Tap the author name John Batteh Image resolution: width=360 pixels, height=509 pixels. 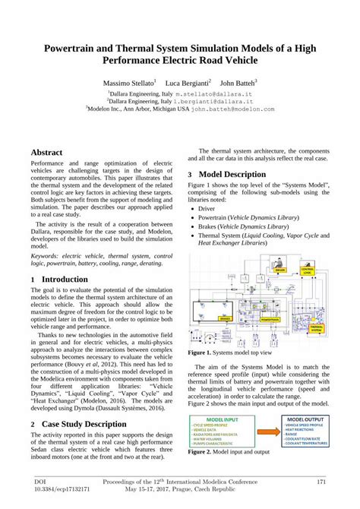click(x=238, y=81)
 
